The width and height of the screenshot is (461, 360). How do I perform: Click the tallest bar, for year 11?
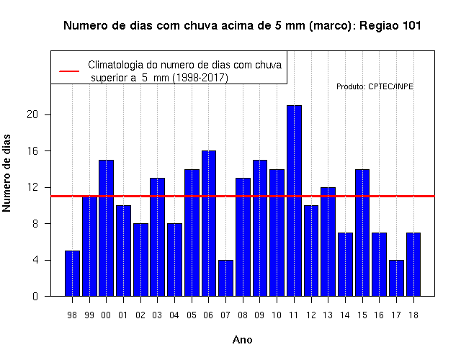(x=294, y=201)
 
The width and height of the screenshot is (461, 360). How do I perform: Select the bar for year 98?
(x=72, y=274)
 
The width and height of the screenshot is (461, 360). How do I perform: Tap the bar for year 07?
(x=225, y=278)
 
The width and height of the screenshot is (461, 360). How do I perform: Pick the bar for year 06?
(x=209, y=223)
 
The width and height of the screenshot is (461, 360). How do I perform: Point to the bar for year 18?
(x=413, y=264)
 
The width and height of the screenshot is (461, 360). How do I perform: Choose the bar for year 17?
(x=396, y=278)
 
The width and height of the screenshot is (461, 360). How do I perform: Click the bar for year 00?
(x=106, y=228)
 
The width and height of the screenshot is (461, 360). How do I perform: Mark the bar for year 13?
(x=328, y=242)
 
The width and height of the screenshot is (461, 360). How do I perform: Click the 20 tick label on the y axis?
(x=32, y=114)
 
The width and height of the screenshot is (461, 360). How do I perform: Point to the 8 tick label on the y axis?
(x=35, y=224)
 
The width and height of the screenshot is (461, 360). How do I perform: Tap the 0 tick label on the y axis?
(x=35, y=297)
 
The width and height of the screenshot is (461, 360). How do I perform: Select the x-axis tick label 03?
(x=157, y=315)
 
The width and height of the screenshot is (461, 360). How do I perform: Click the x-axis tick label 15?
(x=362, y=315)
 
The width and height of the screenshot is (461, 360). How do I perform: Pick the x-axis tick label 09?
(x=259, y=315)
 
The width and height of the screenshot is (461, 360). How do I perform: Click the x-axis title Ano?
(x=243, y=340)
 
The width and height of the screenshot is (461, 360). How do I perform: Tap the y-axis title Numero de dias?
(x=6, y=173)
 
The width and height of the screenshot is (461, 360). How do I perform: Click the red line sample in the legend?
(x=69, y=71)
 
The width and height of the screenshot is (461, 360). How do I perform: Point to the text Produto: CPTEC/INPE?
(x=375, y=86)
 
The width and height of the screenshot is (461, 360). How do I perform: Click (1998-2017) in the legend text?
(x=200, y=78)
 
